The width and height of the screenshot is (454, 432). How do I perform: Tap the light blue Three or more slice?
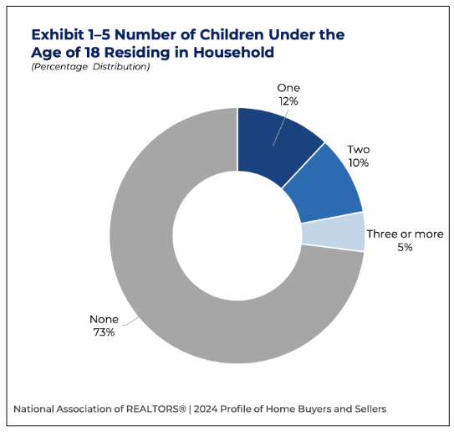pos(333,234)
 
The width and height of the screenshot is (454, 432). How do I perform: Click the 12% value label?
pos(288,101)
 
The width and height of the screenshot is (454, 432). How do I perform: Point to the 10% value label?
pos(359,163)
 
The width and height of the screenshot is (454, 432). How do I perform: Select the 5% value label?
pos(405,248)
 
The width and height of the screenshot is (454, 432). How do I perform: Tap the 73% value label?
pos(104,332)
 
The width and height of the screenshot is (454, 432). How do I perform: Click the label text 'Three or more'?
pos(405,234)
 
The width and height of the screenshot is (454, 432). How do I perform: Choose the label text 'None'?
pos(104,319)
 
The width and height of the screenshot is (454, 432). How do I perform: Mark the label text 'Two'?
pos(359,150)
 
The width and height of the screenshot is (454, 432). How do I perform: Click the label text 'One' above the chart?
pos(288,88)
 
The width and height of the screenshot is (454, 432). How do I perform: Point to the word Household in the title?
pos(233,53)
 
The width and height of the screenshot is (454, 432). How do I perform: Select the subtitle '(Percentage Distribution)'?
pos(90,67)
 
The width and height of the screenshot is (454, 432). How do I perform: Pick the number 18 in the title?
pos(93,53)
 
